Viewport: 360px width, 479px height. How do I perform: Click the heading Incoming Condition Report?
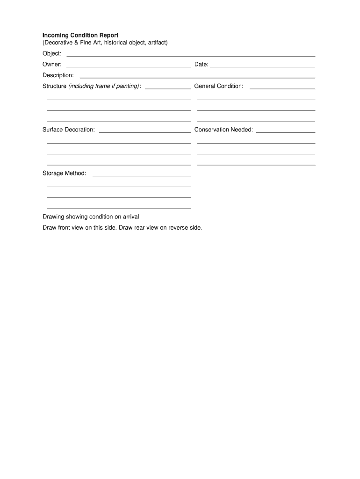click(x=80, y=36)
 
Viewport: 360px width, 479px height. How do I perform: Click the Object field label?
click(x=52, y=54)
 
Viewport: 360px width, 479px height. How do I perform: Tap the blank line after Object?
click(x=191, y=56)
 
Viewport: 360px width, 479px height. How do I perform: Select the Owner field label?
click(x=52, y=65)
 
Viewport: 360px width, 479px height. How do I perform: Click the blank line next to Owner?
click(x=129, y=67)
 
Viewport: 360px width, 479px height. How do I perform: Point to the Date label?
click(x=201, y=65)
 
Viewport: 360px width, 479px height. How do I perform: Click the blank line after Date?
click(x=262, y=67)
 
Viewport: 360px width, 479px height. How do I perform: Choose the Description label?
click(x=58, y=75)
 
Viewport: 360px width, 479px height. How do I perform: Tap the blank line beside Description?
click(x=197, y=78)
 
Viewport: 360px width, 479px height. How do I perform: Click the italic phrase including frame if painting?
click(x=104, y=86)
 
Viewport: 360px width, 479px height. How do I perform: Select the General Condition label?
click(x=219, y=86)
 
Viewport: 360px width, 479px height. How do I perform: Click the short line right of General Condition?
click(x=282, y=88)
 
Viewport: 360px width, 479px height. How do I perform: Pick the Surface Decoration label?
click(x=69, y=130)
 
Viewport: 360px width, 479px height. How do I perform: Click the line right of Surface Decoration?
click(x=145, y=132)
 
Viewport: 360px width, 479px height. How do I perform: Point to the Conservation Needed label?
click(x=223, y=130)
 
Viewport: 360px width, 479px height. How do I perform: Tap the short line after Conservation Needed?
click(x=286, y=132)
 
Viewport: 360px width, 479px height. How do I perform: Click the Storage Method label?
click(x=65, y=174)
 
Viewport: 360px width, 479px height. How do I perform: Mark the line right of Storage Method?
click(x=142, y=176)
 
